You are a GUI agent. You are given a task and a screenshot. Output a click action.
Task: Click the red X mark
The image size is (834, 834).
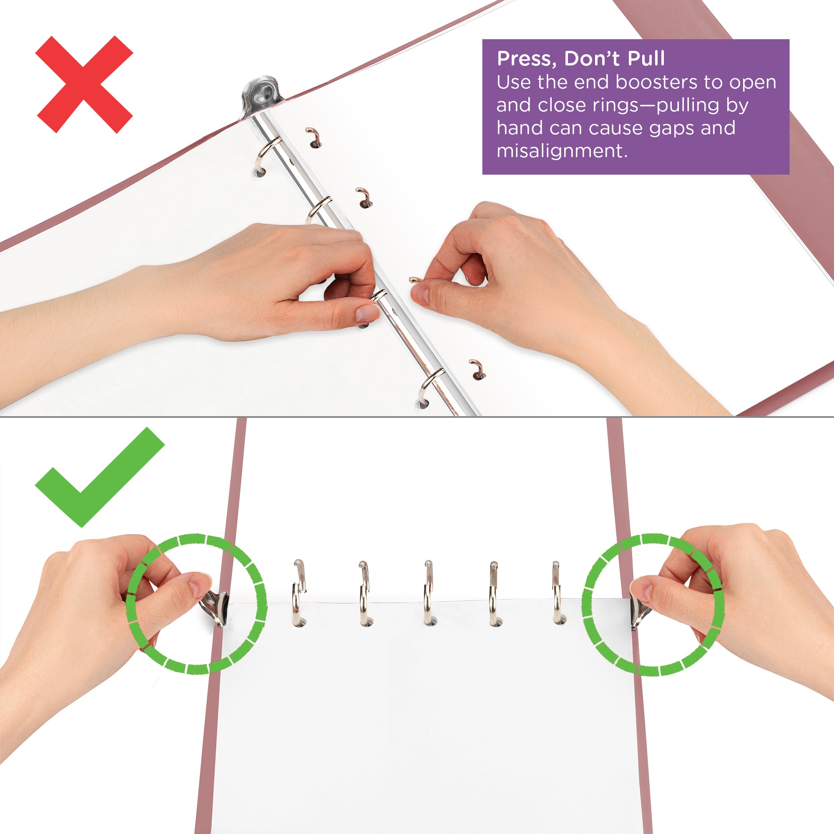click(84, 85)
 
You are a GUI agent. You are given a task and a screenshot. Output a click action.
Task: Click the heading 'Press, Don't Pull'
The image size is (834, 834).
click(580, 59)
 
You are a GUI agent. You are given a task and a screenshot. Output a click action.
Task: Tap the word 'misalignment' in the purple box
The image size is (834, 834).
click(561, 151)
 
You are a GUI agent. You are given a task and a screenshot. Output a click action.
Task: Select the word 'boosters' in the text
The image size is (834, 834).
click(656, 82)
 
